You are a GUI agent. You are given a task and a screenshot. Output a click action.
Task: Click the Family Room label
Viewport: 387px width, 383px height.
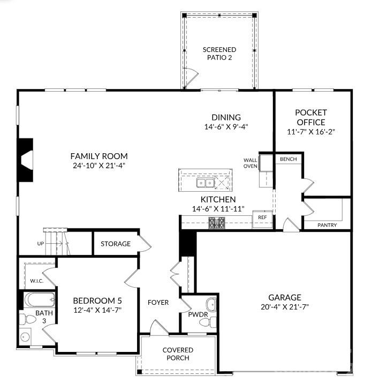point(99,156)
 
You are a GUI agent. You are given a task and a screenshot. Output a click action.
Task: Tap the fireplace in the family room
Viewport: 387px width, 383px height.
point(25,160)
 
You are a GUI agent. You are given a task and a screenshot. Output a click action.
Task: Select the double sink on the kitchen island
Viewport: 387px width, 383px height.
point(205,183)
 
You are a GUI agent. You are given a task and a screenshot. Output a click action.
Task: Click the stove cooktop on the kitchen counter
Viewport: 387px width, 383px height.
point(217,222)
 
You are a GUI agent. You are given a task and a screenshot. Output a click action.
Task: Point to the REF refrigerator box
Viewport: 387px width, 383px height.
point(262,219)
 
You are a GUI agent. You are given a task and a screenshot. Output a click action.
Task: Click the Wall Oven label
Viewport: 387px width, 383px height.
point(251,163)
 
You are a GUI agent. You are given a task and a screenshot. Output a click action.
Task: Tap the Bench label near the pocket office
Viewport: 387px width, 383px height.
point(289,159)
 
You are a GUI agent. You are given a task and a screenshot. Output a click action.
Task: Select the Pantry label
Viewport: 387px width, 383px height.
point(327,225)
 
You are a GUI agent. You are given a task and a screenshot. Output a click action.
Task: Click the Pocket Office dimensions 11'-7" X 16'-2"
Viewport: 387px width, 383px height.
point(311,132)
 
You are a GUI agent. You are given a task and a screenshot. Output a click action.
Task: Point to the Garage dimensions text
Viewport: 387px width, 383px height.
point(285,307)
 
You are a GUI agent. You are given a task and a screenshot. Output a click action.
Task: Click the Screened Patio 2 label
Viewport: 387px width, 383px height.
point(219,54)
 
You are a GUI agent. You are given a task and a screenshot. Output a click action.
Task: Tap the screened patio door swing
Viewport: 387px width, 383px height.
point(191,77)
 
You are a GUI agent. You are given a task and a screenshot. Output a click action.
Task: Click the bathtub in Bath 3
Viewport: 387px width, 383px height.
point(40,299)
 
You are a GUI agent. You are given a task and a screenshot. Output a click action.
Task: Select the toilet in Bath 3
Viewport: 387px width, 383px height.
point(28,319)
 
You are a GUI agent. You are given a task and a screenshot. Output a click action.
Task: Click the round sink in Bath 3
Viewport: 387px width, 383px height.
point(25,336)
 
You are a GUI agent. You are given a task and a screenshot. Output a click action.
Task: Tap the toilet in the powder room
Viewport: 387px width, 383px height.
point(208,322)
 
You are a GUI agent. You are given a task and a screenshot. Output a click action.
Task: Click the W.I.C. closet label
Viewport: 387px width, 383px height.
point(37,281)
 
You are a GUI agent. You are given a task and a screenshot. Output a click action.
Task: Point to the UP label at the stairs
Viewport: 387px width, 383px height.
point(41,244)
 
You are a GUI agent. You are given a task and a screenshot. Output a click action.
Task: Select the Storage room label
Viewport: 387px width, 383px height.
point(116,244)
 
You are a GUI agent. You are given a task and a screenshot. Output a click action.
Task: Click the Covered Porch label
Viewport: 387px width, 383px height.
point(178,354)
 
